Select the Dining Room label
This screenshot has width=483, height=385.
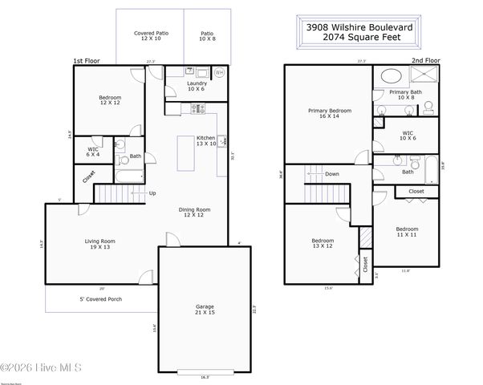(x=194, y=213)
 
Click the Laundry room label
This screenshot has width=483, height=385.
(x=197, y=85)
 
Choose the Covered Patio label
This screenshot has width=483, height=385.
(x=150, y=36)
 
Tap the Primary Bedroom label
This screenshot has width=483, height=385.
(x=329, y=113)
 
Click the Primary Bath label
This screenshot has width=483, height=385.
(x=405, y=95)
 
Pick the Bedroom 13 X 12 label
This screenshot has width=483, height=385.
(x=323, y=243)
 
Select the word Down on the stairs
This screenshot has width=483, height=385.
(x=332, y=173)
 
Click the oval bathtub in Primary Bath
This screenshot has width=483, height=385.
(x=391, y=77)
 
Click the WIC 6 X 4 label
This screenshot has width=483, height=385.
(x=94, y=152)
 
